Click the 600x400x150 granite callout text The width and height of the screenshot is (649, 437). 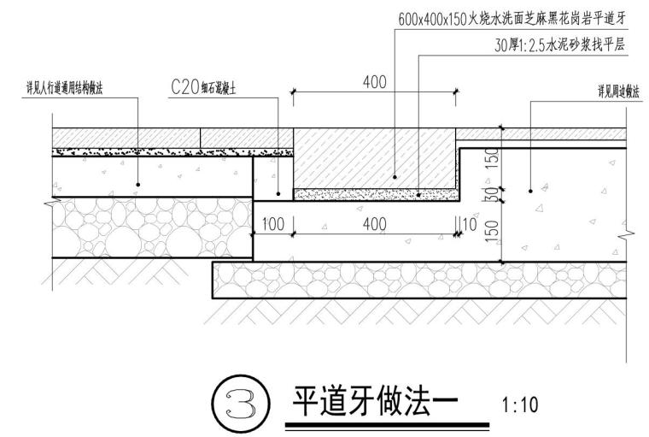coord(512,17)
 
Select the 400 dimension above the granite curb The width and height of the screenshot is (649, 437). coord(374,82)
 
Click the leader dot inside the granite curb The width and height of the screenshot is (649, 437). coord(395,177)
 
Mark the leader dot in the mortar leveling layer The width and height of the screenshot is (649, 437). coord(418,195)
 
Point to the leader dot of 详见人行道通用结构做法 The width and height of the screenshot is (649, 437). coord(138,185)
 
